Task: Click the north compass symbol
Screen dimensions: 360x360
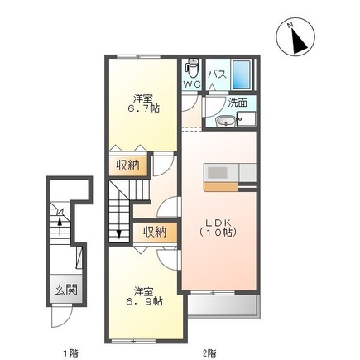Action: [x=295, y=36]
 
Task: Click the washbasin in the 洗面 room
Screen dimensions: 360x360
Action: [x=226, y=122]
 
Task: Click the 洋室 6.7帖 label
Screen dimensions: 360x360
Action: [x=143, y=103]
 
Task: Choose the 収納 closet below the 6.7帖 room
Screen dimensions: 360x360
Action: [x=128, y=166]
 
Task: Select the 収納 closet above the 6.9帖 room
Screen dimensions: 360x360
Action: [x=155, y=232]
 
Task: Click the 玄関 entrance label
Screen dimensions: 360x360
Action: [x=66, y=290]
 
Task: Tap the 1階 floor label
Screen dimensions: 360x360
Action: [x=71, y=353]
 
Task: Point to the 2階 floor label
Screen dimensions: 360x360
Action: [x=209, y=353]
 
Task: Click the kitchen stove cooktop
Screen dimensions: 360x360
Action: [x=218, y=173]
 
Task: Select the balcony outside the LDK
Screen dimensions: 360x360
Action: [x=224, y=306]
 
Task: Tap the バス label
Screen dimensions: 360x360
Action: [x=218, y=74]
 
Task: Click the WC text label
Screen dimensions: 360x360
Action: [x=192, y=84]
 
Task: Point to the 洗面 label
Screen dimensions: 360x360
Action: [x=238, y=103]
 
